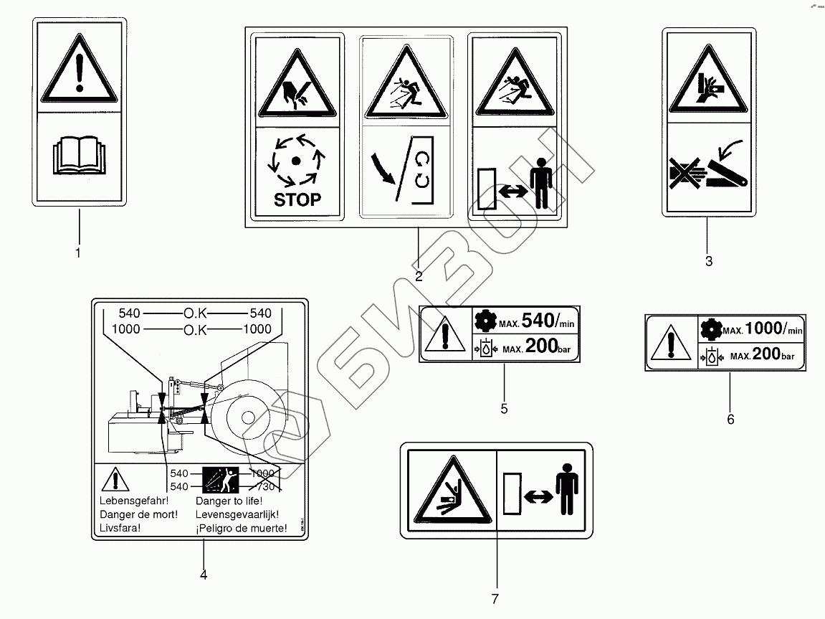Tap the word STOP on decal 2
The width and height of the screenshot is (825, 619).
[x=297, y=199]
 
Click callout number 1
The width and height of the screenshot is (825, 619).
[x=78, y=253]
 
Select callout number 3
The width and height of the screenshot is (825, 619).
[x=709, y=261]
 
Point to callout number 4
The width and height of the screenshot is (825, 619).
[x=204, y=575]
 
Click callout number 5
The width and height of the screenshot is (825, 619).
[x=504, y=408]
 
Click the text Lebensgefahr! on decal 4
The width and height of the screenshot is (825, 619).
[x=133, y=501]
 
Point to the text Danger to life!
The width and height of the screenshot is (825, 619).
[x=229, y=501]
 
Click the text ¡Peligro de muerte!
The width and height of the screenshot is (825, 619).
[x=240, y=529]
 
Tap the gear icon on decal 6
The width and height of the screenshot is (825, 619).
[x=710, y=329]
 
